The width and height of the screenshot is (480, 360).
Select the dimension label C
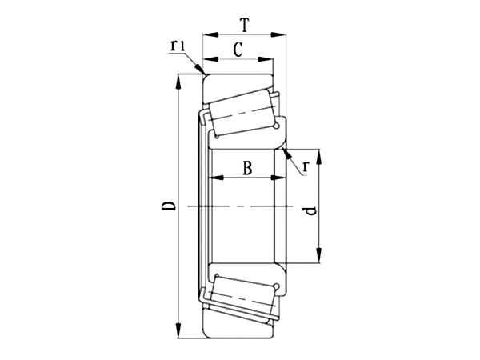click(238, 50)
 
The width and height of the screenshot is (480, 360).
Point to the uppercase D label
click(167, 207)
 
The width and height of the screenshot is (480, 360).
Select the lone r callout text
click(306, 166)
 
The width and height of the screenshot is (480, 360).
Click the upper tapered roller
click(239, 112)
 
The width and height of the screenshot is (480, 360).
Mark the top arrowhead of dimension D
click(177, 78)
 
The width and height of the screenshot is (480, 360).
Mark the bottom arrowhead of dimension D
click(177, 334)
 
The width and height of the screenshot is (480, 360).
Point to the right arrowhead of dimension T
click(282, 34)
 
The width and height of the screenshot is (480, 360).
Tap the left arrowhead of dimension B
click(215, 178)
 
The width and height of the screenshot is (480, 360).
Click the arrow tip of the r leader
click(283, 149)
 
